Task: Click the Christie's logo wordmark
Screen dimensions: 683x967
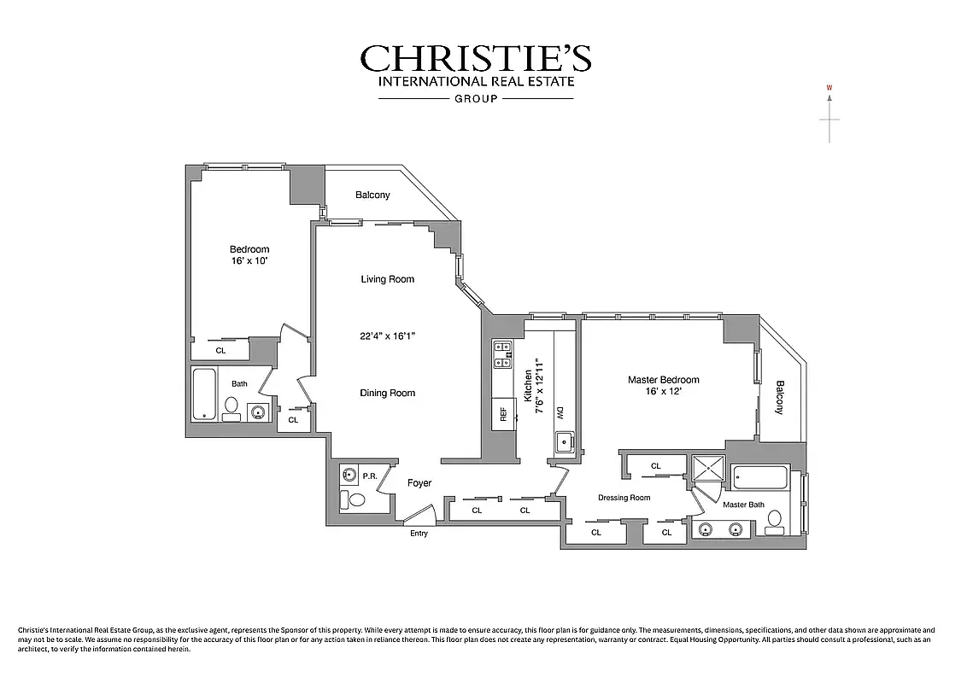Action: [x=475, y=59]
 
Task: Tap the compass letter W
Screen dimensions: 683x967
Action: [x=829, y=87]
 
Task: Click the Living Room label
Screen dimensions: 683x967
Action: [x=387, y=279]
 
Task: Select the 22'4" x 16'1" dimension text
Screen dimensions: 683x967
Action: [x=387, y=336]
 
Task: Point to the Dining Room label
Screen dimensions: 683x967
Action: [x=387, y=394]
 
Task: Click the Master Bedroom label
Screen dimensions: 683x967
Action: [x=663, y=380]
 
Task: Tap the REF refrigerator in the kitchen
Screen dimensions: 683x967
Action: [x=503, y=415]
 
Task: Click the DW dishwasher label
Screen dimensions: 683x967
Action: [x=560, y=413]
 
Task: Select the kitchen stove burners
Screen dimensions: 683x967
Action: [x=502, y=354]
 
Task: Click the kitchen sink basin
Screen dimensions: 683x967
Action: [x=564, y=442]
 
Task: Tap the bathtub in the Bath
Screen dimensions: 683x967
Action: [x=204, y=394]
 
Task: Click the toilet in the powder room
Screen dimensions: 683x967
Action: [x=353, y=499]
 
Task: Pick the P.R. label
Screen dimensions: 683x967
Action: [x=370, y=476]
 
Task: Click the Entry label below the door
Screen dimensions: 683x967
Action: [x=419, y=534]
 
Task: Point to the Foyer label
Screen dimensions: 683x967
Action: [x=419, y=483]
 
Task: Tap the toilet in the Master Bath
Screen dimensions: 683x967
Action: [x=775, y=521]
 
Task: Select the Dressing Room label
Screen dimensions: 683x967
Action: [x=624, y=498]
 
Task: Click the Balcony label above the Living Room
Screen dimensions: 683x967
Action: [x=372, y=196]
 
